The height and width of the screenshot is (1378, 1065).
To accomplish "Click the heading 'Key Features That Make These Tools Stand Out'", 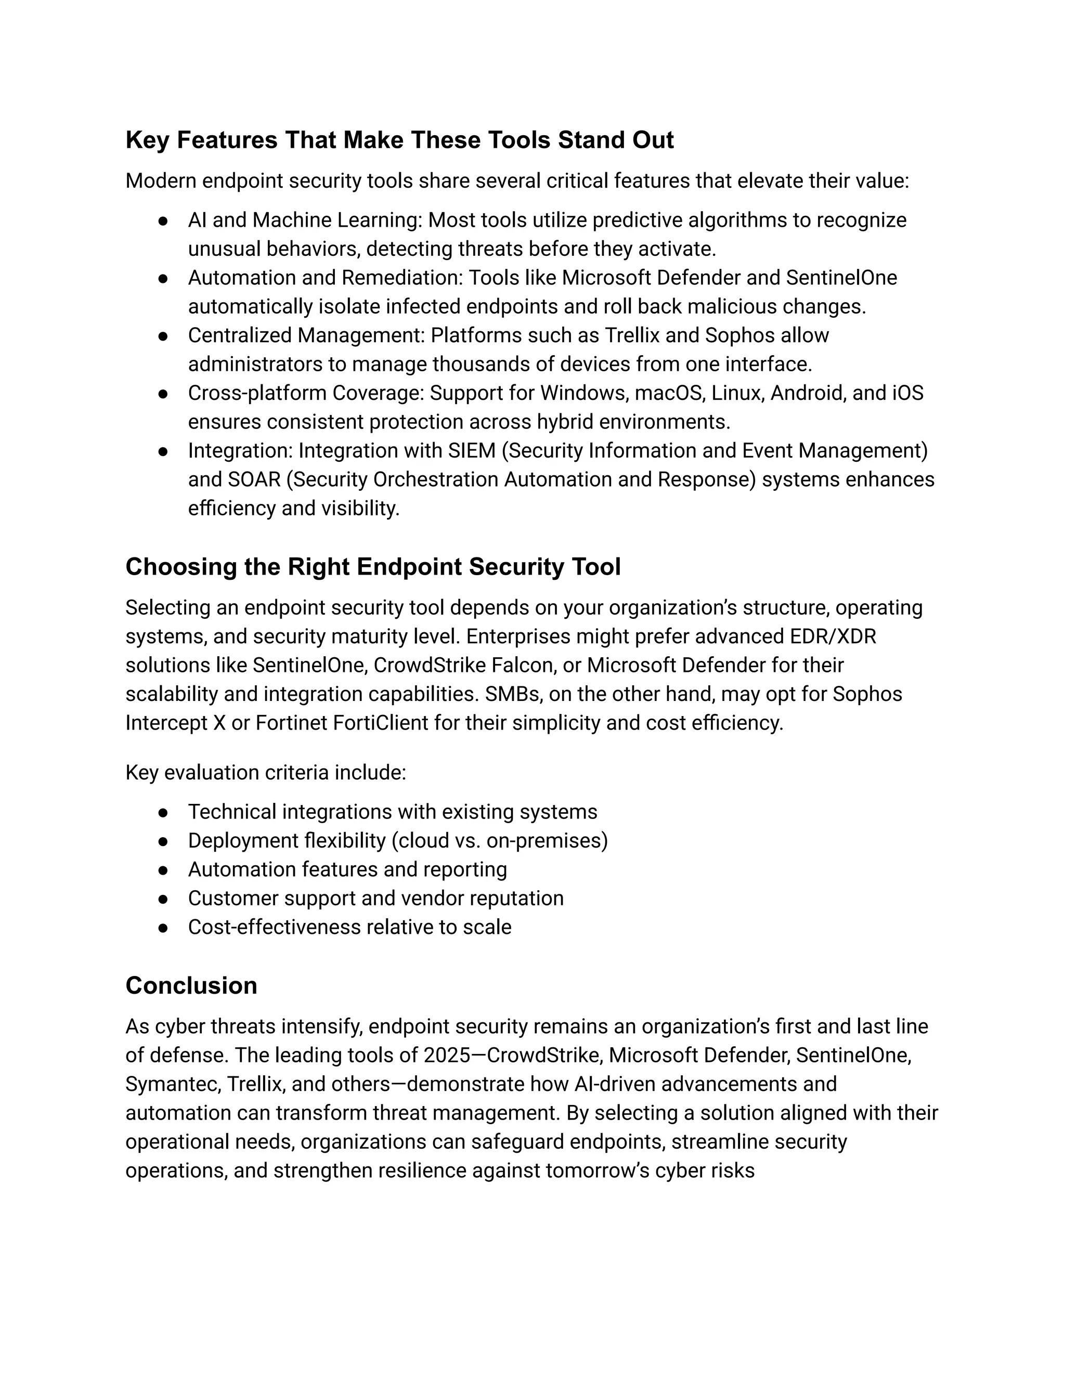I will (399, 140).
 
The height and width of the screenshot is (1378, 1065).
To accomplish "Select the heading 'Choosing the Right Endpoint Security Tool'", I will (373, 567).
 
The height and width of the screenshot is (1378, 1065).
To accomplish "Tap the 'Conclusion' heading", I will (191, 985).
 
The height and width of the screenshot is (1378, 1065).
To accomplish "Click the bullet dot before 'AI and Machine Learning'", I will (163, 221).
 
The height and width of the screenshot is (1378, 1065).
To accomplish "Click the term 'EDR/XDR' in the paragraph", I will (833, 636).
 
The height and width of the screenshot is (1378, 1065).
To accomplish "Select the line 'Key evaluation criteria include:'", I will (266, 772).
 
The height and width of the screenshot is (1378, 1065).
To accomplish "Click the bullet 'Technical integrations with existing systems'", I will (393, 812).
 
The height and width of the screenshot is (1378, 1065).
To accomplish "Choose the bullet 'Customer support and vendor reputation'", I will (375, 899).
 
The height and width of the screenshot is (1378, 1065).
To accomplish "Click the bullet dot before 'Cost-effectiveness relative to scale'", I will (163, 928).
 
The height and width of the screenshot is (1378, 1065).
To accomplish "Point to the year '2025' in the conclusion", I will (447, 1055).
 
